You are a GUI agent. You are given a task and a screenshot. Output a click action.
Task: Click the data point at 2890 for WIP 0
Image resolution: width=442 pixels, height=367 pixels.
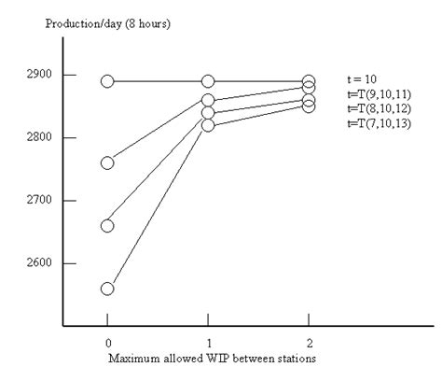[x=107, y=81]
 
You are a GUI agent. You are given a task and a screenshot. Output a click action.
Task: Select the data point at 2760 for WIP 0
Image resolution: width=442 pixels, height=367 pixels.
[x=107, y=162]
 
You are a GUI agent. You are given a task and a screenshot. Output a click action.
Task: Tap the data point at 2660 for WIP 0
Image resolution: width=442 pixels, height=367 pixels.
[x=107, y=225]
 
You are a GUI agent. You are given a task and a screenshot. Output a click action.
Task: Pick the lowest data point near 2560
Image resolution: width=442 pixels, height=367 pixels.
[x=107, y=289]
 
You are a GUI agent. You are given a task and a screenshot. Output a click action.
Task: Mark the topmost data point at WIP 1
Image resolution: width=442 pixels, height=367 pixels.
[x=208, y=81]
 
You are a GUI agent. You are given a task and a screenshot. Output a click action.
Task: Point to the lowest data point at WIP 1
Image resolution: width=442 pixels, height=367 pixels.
[x=208, y=125]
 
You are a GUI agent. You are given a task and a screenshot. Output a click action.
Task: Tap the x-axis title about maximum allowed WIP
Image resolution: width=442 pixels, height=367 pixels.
[x=207, y=357]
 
